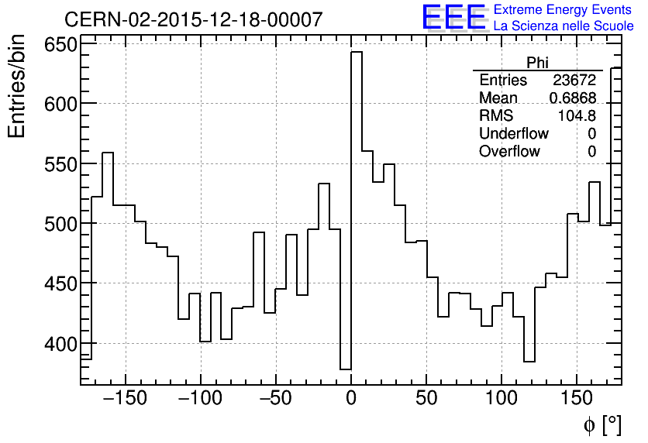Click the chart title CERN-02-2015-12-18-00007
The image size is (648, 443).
[x=193, y=19]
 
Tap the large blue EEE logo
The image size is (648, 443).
[x=453, y=17]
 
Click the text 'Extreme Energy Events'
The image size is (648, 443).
[x=564, y=10]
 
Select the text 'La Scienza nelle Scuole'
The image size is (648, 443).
[x=564, y=26]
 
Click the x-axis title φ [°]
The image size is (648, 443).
[x=601, y=424]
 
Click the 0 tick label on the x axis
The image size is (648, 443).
[x=351, y=399]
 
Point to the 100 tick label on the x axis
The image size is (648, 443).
[x=502, y=399]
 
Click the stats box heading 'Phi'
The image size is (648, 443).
[x=537, y=63]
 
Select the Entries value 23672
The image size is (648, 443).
[x=574, y=81]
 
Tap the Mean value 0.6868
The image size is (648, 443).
[x=572, y=98]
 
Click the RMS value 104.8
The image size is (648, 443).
[x=577, y=116]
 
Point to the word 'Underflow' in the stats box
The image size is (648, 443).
[x=513, y=134]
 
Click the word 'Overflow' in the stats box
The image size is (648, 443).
[x=509, y=152]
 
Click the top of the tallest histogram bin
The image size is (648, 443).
[x=357, y=52]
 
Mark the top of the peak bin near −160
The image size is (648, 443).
[x=108, y=153]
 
